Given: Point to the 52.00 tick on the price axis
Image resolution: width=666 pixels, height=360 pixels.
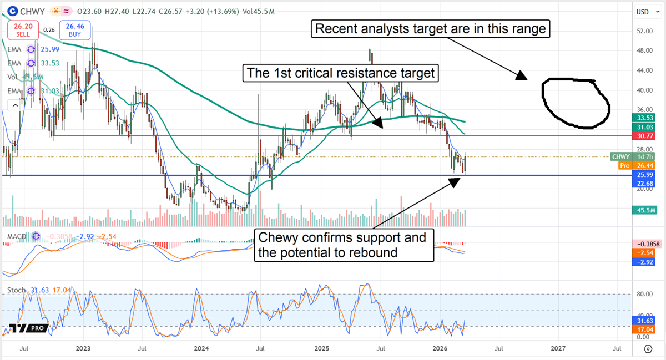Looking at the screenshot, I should pyautogui.click(x=644, y=31).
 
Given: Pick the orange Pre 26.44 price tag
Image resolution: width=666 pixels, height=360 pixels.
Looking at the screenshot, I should pyautogui.click(x=634, y=165).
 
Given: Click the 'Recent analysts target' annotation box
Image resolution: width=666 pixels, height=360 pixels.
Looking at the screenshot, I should pyautogui.click(x=431, y=28).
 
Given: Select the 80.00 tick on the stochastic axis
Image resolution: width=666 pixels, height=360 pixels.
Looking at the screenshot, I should pyautogui.click(x=644, y=295).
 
